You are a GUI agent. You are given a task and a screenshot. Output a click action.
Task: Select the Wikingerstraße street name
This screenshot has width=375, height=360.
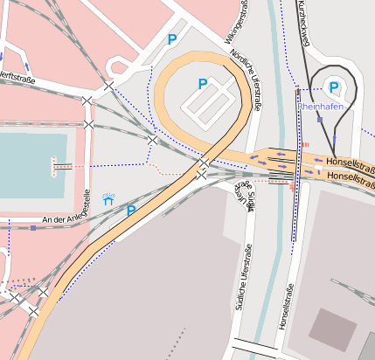(x=231, y=20)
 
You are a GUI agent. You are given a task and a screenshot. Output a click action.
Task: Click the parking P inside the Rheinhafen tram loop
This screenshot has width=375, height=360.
(x=334, y=87)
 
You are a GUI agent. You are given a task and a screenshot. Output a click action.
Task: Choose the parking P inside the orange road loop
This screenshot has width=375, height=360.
(x=203, y=84)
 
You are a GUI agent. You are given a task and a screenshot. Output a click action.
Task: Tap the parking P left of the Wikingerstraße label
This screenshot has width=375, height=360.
(x=172, y=39)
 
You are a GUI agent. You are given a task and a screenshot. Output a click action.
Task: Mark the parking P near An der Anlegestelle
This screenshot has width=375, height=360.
(x=131, y=211)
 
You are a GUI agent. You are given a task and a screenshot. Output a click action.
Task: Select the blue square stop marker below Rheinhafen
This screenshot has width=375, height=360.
(x=320, y=118)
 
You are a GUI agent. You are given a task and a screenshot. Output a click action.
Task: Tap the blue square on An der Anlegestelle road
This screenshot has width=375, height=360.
(x=33, y=228)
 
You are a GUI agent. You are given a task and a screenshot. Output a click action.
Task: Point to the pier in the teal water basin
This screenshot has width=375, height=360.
(x=62, y=165)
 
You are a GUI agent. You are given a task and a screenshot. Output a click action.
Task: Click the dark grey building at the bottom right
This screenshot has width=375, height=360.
(x=333, y=329)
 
